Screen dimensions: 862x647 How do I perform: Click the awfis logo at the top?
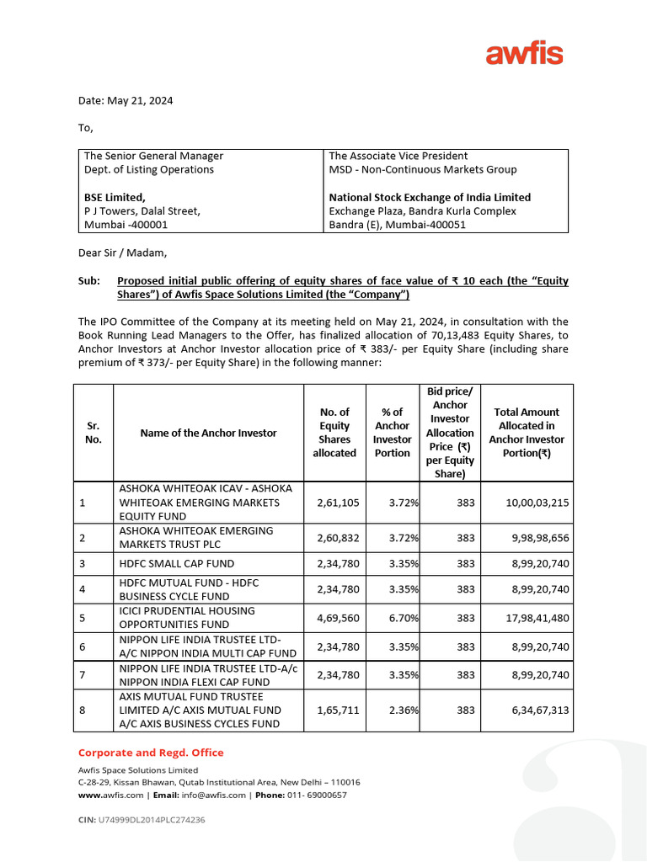(x=524, y=55)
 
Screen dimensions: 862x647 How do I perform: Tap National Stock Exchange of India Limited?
(x=430, y=197)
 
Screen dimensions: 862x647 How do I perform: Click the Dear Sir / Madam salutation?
(x=123, y=252)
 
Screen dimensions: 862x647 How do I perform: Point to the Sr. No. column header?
(x=93, y=433)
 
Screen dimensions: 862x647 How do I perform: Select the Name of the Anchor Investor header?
(x=208, y=433)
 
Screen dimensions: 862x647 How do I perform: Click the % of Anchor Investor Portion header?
(x=392, y=433)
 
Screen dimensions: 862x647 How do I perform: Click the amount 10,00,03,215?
(x=537, y=503)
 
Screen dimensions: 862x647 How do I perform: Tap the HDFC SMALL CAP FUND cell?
(x=177, y=563)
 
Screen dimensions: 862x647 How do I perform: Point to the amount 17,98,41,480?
(x=537, y=618)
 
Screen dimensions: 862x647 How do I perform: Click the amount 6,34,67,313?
(x=537, y=710)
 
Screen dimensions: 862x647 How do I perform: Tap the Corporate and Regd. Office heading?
(x=151, y=753)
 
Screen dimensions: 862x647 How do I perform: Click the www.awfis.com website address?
(x=110, y=795)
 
